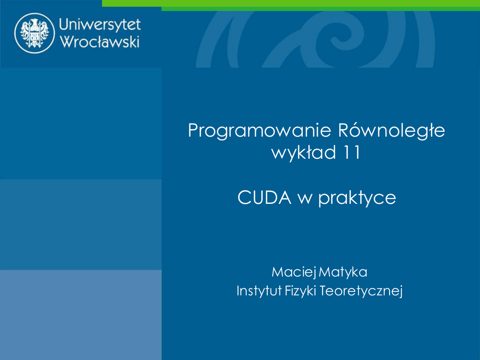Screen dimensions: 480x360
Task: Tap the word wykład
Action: (x=304, y=152)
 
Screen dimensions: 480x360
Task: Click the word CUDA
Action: (x=264, y=197)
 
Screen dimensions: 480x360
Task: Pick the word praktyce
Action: (x=357, y=198)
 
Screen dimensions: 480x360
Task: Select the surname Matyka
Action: (x=343, y=272)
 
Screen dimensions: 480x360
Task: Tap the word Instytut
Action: (x=259, y=291)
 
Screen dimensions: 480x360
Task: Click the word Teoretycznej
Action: (x=361, y=291)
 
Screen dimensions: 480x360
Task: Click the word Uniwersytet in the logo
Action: (x=100, y=24)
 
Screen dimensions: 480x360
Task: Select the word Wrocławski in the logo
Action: (x=100, y=41)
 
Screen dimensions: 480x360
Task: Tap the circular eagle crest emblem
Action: (x=35, y=33)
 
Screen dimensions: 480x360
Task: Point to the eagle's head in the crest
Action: (x=34, y=22)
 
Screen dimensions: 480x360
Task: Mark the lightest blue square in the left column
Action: (x=81, y=315)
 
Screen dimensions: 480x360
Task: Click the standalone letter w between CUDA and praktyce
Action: (x=305, y=199)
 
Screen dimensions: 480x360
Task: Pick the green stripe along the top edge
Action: (x=291, y=5)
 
